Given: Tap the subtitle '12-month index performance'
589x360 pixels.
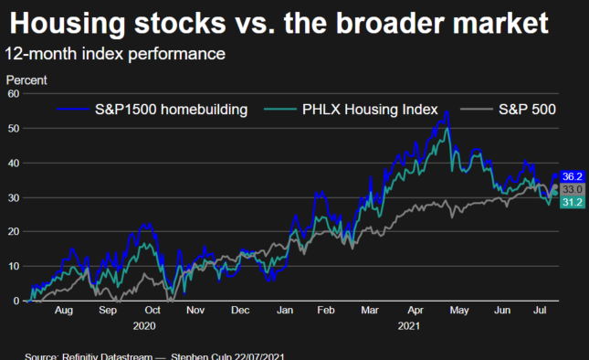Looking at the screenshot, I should (x=115, y=54).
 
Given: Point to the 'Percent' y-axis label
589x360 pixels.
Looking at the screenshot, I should (x=26, y=80).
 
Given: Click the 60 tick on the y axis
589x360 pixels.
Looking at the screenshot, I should (x=14, y=94).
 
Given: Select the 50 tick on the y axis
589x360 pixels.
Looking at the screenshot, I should (x=14, y=129).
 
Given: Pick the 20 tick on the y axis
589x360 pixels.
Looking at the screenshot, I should (x=14, y=232).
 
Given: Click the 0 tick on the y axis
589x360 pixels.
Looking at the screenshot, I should (x=16, y=301).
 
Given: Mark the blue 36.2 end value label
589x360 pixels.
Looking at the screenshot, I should (x=573, y=176).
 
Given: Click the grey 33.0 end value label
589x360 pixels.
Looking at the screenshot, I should (x=573, y=189).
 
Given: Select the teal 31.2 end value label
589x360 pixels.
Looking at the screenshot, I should (x=573, y=202).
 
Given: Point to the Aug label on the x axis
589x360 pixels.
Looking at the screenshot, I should (x=64, y=311).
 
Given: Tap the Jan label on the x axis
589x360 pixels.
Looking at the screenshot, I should (x=285, y=311).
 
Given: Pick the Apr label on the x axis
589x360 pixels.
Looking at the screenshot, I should (x=415, y=311).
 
